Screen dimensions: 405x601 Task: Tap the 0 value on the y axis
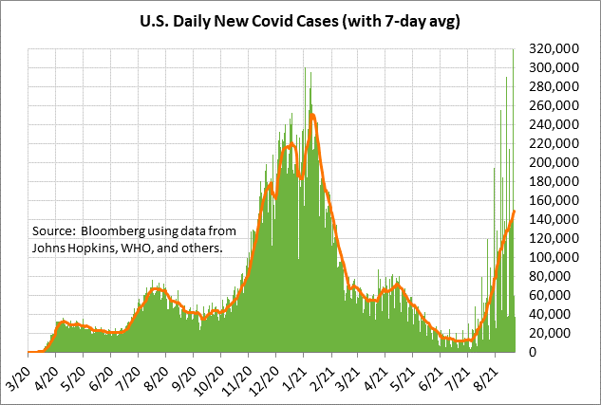pos(573,352)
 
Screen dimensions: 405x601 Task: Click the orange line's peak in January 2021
pos(311,114)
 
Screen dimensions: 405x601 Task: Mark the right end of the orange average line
pos(514,211)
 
